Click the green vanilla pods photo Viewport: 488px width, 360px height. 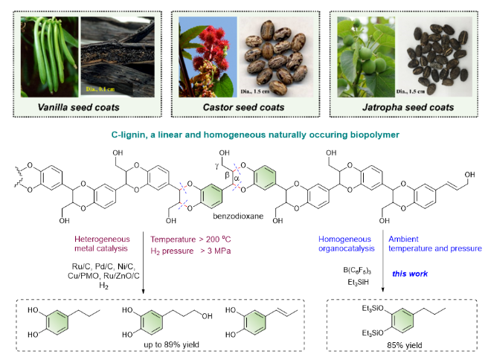click(45, 57)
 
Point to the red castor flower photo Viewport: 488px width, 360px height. click(205, 57)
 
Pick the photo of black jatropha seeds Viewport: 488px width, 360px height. click(439, 56)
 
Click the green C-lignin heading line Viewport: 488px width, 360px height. click(245, 134)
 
